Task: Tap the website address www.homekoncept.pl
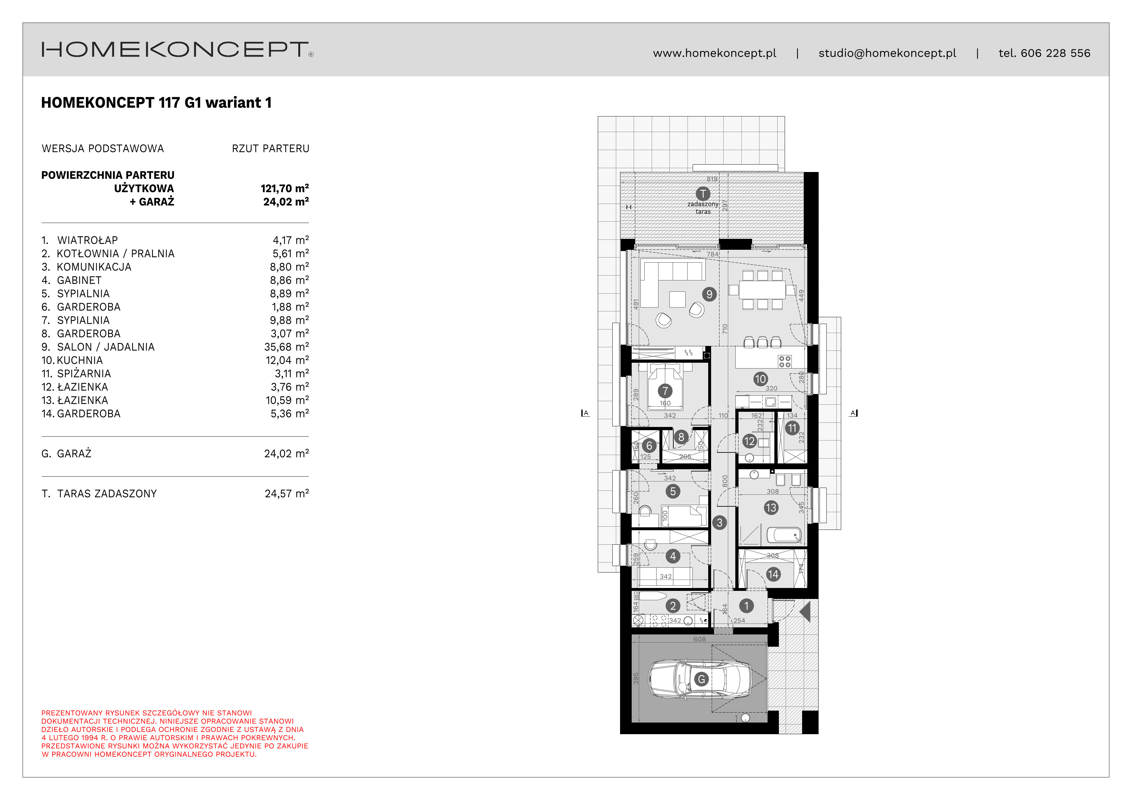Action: coord(714,53)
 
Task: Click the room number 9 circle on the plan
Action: coord(709,294)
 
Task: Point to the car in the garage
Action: coord(699,679)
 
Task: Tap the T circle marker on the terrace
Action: coord(703,194)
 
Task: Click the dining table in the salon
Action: coord(762,289)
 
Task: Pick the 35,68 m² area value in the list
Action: coord(286,347)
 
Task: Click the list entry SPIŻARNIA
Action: coord(84,374)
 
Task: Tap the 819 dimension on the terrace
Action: coord(712,179)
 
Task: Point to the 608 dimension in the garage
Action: coord(699,639)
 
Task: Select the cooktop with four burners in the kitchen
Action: coord(784,361)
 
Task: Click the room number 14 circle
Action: coord(772,574)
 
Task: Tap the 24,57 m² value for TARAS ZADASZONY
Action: coord(286,493)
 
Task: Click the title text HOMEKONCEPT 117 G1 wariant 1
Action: coord(156,103)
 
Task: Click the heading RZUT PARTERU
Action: coord(270,148)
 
